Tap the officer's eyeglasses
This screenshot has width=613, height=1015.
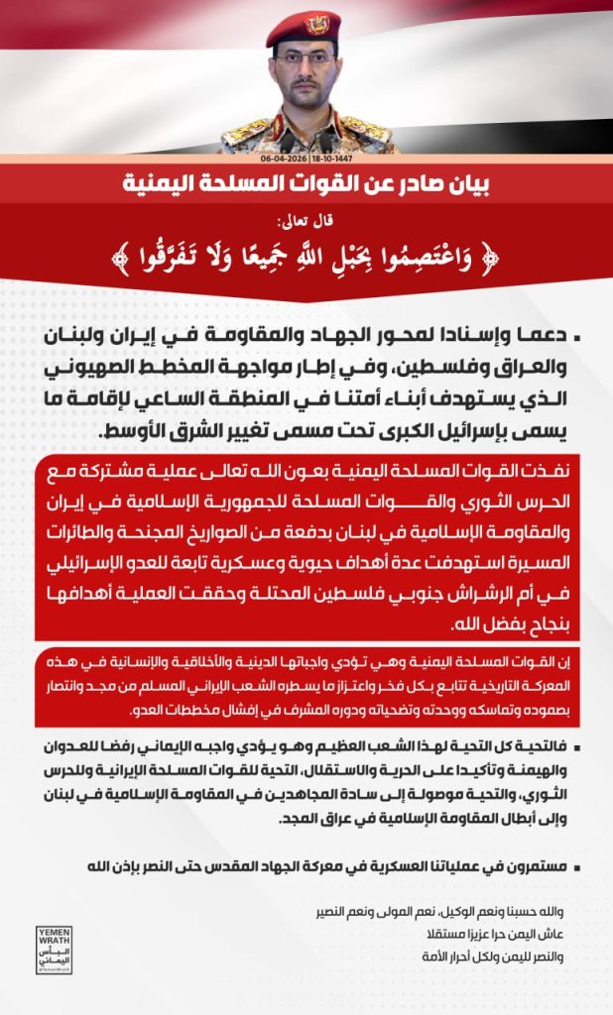tap(304, 58)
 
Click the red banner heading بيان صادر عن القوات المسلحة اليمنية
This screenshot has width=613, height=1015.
tap(306, 184)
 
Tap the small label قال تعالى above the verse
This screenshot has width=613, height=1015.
tap(307, 221)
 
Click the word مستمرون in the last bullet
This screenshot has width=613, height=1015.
tap(544, 864)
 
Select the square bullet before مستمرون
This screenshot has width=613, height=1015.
tap(579, 865)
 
